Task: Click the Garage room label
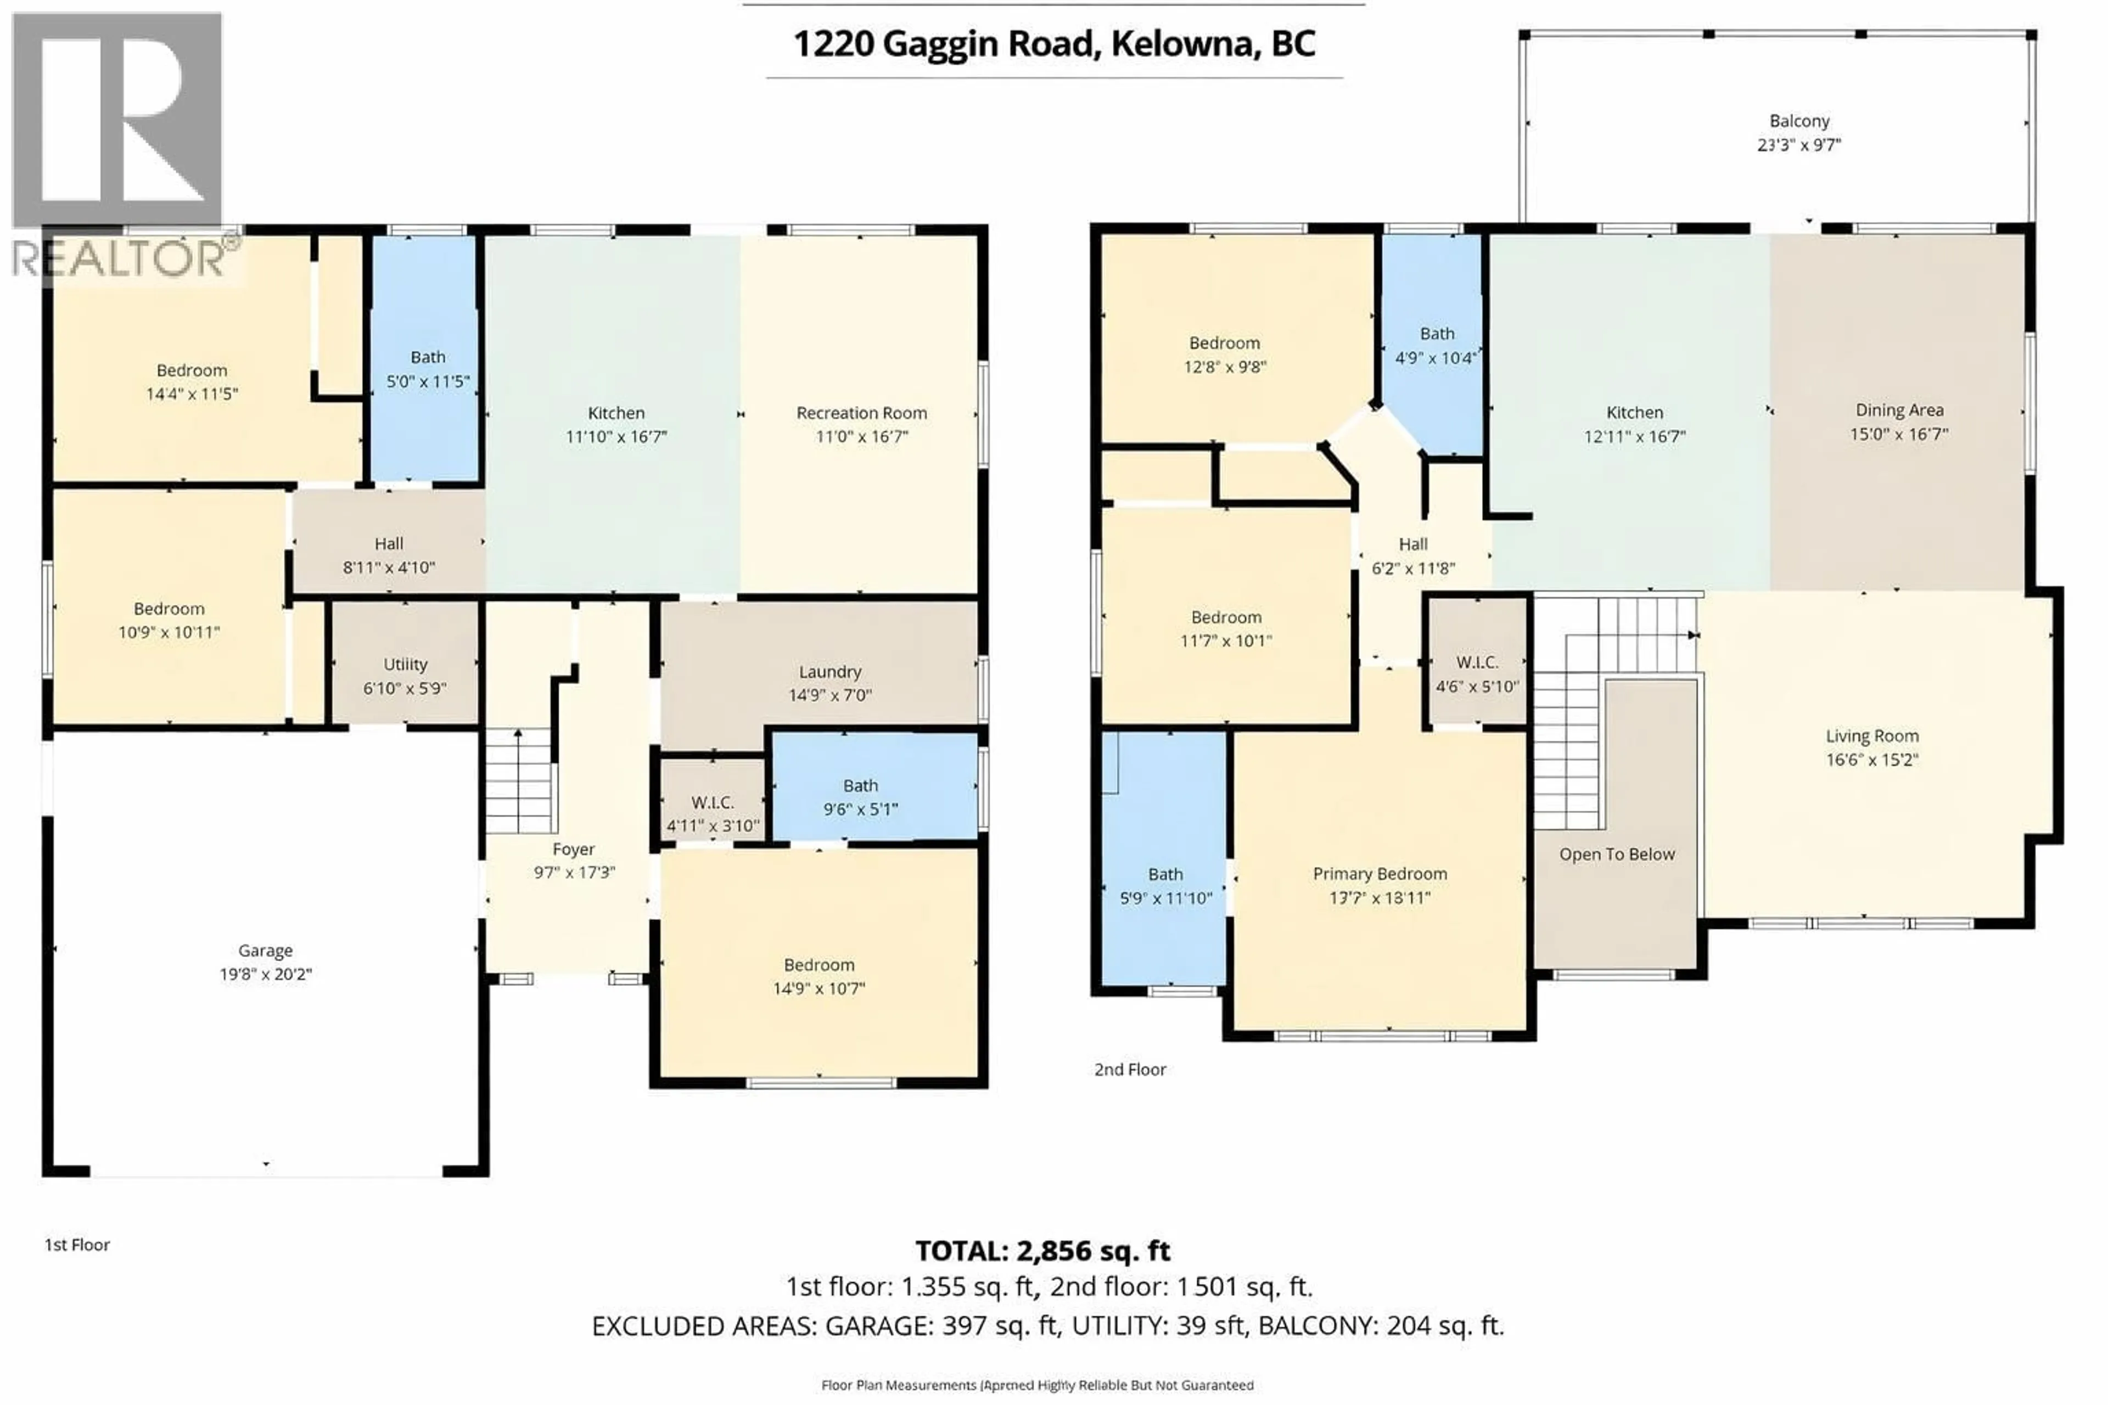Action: tap(265, 951)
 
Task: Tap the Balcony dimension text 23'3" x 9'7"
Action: tap(1799, 145)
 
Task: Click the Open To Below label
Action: tap(1616, 855)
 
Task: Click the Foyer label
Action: tap(573, 850)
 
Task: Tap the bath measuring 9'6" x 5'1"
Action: tap(860, 796)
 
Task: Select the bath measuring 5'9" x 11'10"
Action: tap(1165, 885)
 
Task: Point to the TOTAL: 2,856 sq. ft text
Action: tap(1042, 1251)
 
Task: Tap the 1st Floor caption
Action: tap(77, 1245)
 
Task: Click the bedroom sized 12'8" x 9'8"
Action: tap(1224, 354)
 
